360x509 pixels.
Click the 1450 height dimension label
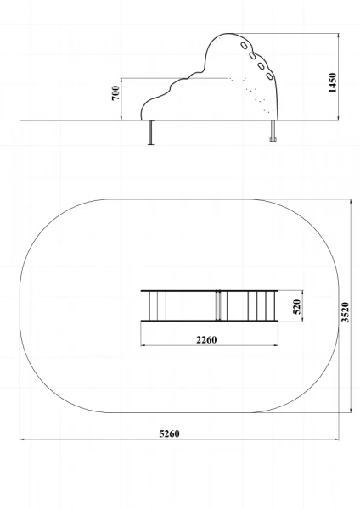pyautogui.click(x=333, y=82)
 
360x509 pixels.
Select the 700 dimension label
pyautogui.click(x=115, y=93)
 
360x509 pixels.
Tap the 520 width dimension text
pyautogui.click(x=297, y=307)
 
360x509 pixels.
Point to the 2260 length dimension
pyautogui.click(x=206, y=340)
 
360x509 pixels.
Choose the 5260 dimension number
pyautogui.click(x=169, y=433)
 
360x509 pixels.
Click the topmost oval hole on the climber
pyautogui.click(x=244, y=46)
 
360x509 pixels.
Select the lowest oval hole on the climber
pyautogui.click(x=269, y=76)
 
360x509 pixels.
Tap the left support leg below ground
pyautogui.click(x=151, y=132)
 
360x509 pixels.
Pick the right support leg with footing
pyautogui.click(x=273, y=131)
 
